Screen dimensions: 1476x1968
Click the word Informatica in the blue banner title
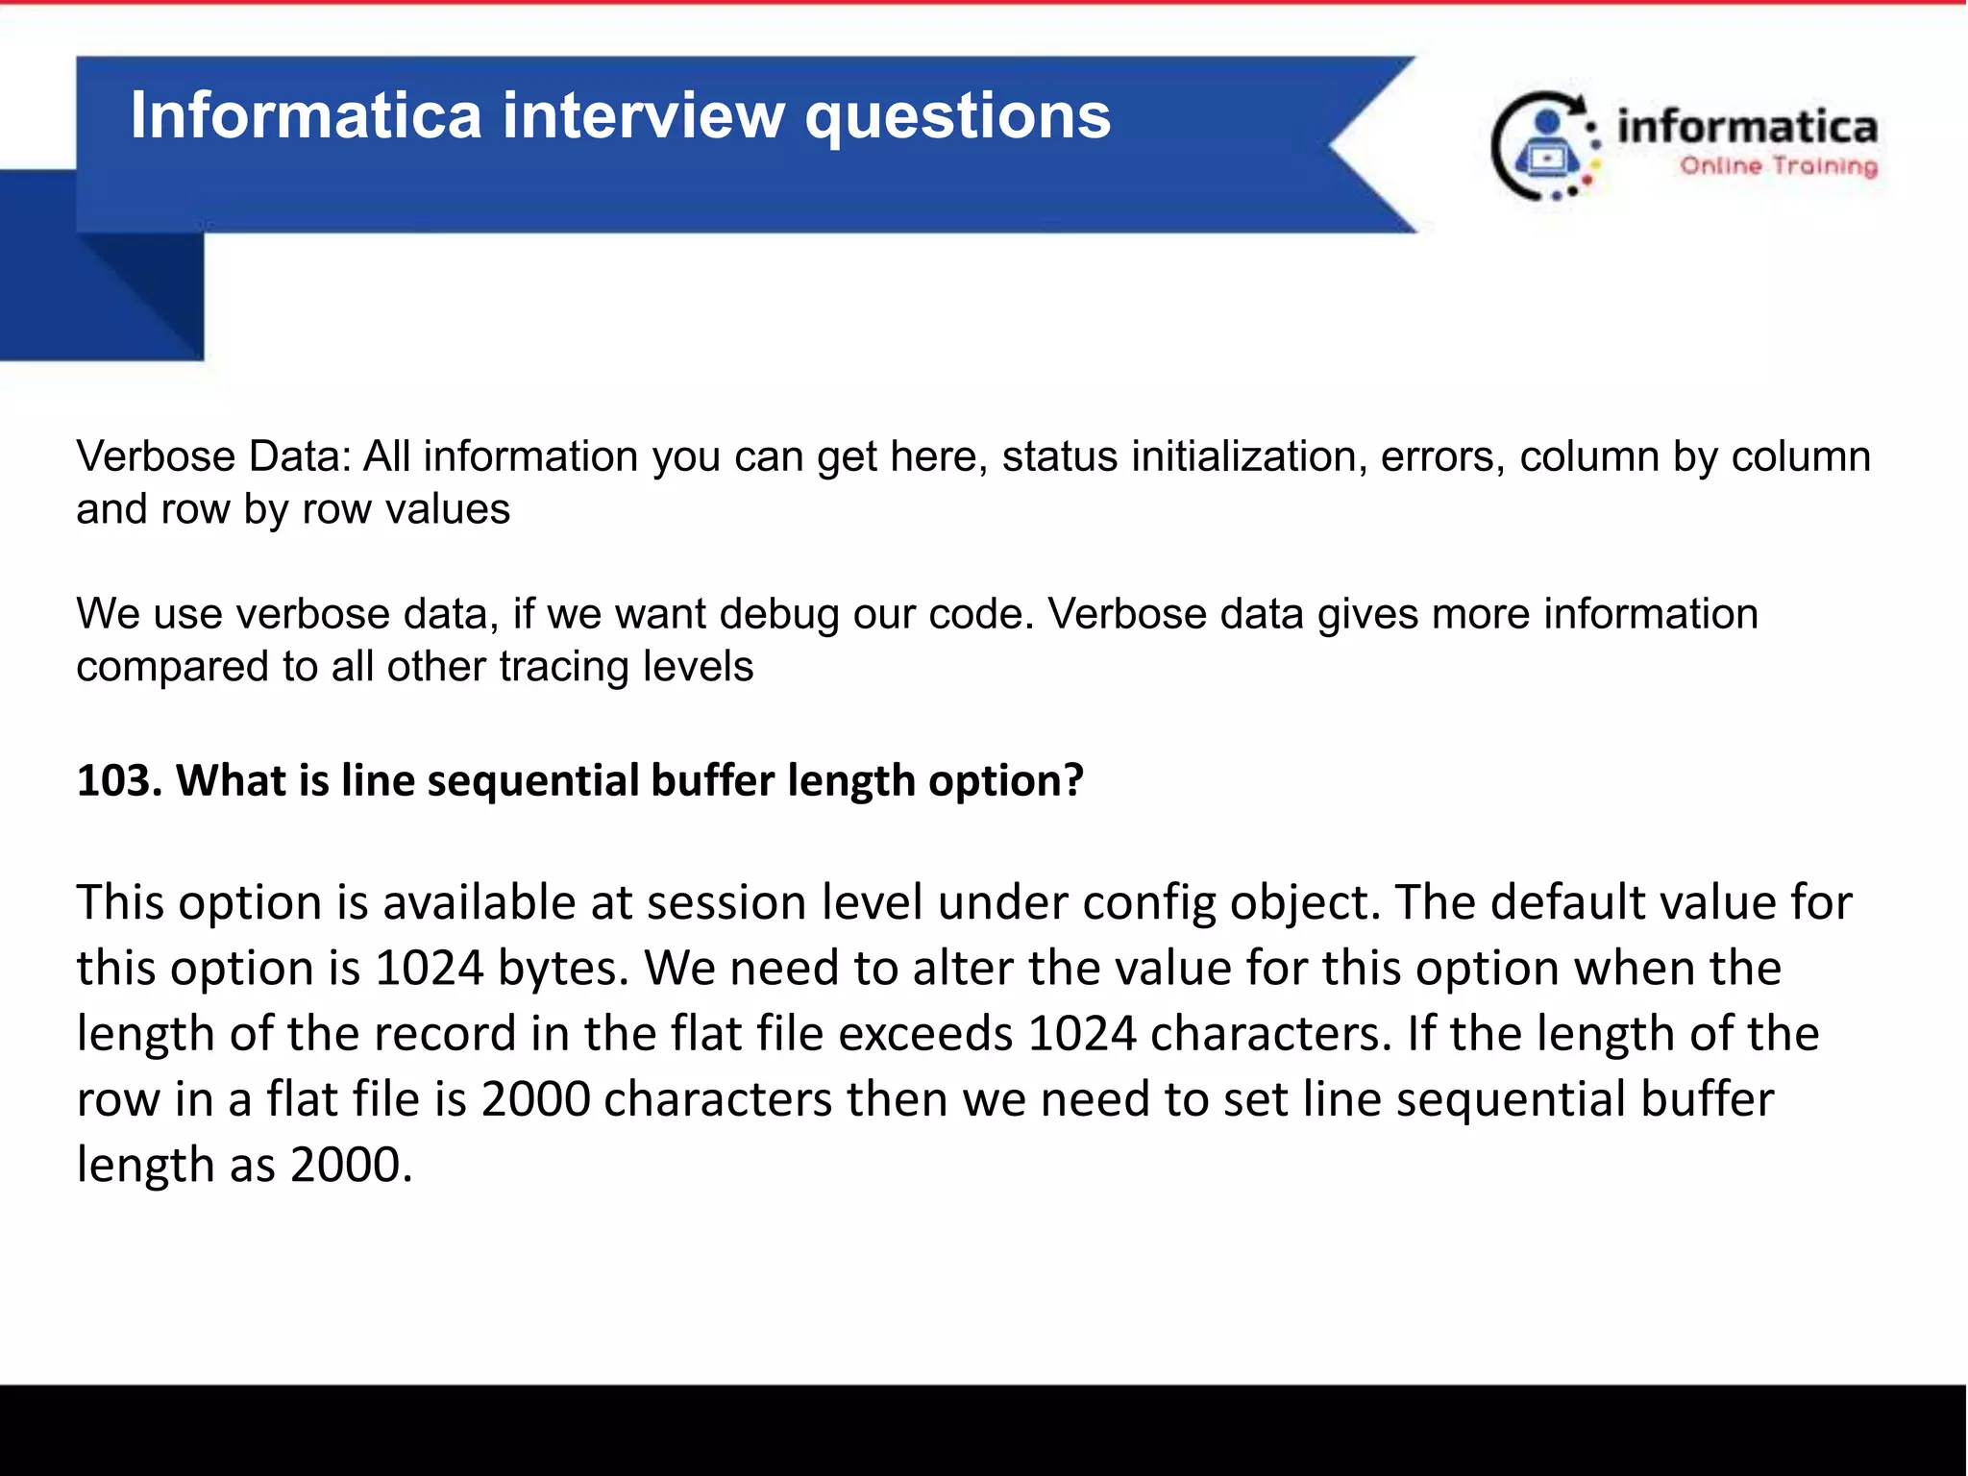pos(306,115)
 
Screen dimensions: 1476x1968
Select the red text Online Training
pos(1778,166)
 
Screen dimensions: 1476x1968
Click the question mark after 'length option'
pos(1072,780)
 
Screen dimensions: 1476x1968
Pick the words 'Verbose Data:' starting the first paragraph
pos(213,456)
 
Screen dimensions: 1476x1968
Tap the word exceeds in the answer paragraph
pos(924,1034)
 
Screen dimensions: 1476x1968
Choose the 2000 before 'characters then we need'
pos(535,1099)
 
